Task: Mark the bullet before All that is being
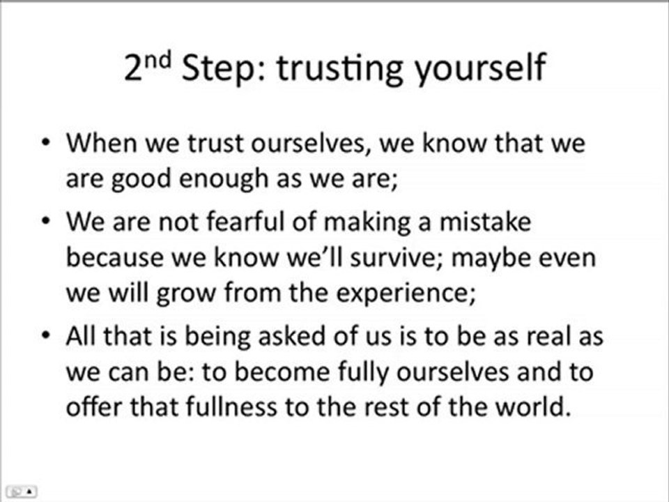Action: coord(46,336)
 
